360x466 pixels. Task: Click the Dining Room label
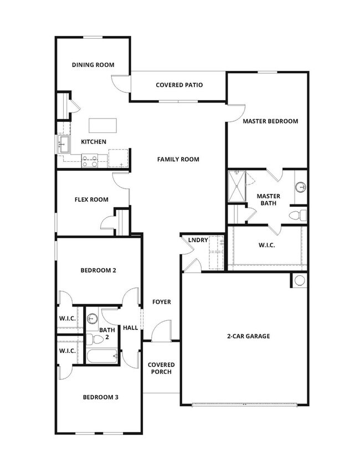pos(93,65)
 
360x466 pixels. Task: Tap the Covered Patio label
pos(179,85)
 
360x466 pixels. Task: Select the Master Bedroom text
pos(270,121)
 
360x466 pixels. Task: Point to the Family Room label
pos(178,160)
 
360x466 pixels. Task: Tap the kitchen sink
pos(62,146)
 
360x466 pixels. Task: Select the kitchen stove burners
pos(90,162)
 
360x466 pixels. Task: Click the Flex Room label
pos(91,199)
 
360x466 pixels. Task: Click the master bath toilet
pos(296,215)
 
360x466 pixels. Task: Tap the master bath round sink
pos(301,187)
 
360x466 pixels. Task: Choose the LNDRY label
pos(198,240)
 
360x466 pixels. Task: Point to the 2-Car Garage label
pos(248,336)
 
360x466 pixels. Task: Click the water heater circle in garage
pos(300,280)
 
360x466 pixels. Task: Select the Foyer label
pos(162,302)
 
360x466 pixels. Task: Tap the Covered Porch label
pos(161,368)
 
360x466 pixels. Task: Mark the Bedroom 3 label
pos(100,397)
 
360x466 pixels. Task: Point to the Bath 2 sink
pos(92,319)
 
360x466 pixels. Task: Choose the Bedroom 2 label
pos(98,270)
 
